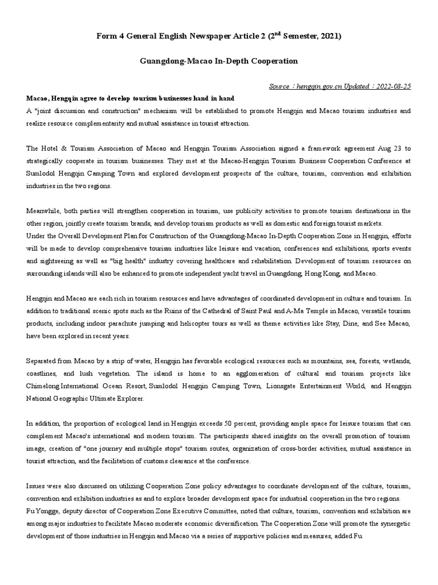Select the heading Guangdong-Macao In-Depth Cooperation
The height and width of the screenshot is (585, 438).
(219, 61)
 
